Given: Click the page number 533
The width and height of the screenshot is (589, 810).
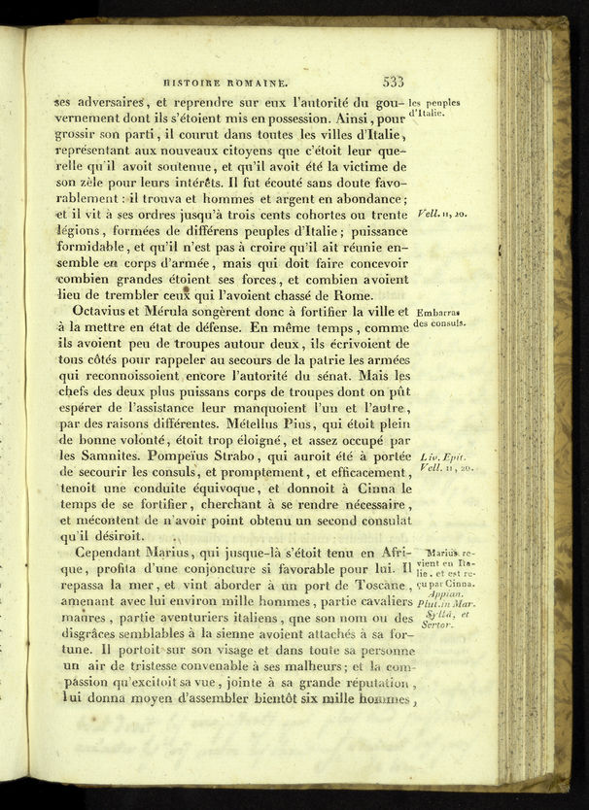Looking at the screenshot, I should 394,84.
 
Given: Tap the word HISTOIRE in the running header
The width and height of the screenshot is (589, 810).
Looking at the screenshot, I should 196,84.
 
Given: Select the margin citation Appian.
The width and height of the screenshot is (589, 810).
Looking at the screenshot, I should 446,594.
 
